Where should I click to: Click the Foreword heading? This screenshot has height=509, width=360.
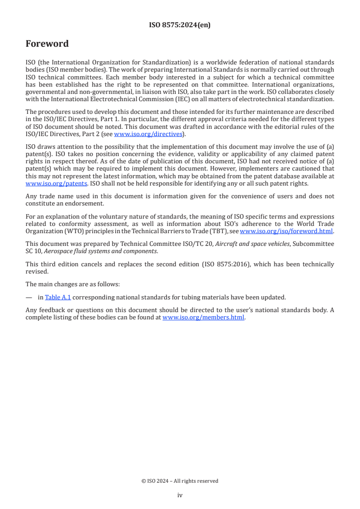[47, 44]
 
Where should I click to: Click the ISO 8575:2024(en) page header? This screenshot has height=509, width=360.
[180, 25]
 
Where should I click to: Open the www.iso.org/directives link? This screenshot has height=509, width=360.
[148, 134]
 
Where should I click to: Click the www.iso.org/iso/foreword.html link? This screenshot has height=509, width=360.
[286, 231]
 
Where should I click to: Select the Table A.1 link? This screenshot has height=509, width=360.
[58, 298]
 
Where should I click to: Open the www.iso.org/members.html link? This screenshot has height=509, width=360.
[203, 318]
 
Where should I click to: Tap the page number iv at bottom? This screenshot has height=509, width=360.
[180, 495]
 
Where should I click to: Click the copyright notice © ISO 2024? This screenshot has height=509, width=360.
[180, 481]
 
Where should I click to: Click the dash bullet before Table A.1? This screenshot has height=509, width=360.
[29, 298]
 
